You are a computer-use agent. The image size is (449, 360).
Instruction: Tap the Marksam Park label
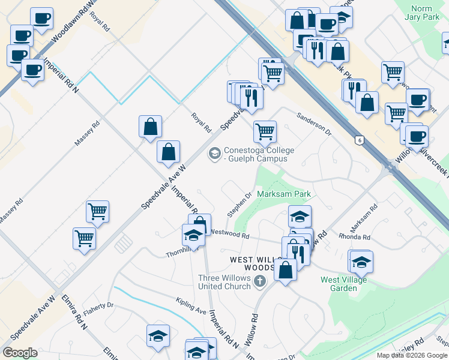tap(284, 194)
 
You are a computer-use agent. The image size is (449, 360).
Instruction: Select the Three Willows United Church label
tap(224, 281)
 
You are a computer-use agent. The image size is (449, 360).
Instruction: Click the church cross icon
tap(260, 281)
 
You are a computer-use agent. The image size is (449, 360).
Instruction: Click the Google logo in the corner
tap(20, 353)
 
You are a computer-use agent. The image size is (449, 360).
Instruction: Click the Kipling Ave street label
tap(191, 305)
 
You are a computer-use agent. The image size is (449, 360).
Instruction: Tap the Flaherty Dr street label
tap(98, 305)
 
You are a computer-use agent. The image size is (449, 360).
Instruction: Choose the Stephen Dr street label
tap(238, 205)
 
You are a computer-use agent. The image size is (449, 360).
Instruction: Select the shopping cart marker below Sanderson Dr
tap(265, 131)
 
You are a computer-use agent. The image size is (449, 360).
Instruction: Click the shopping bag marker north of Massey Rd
tap(150, 127)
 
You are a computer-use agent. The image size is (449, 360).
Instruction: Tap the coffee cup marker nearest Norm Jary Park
tap(417, 100)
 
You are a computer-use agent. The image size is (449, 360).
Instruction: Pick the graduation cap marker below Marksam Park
tap(300, 217)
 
